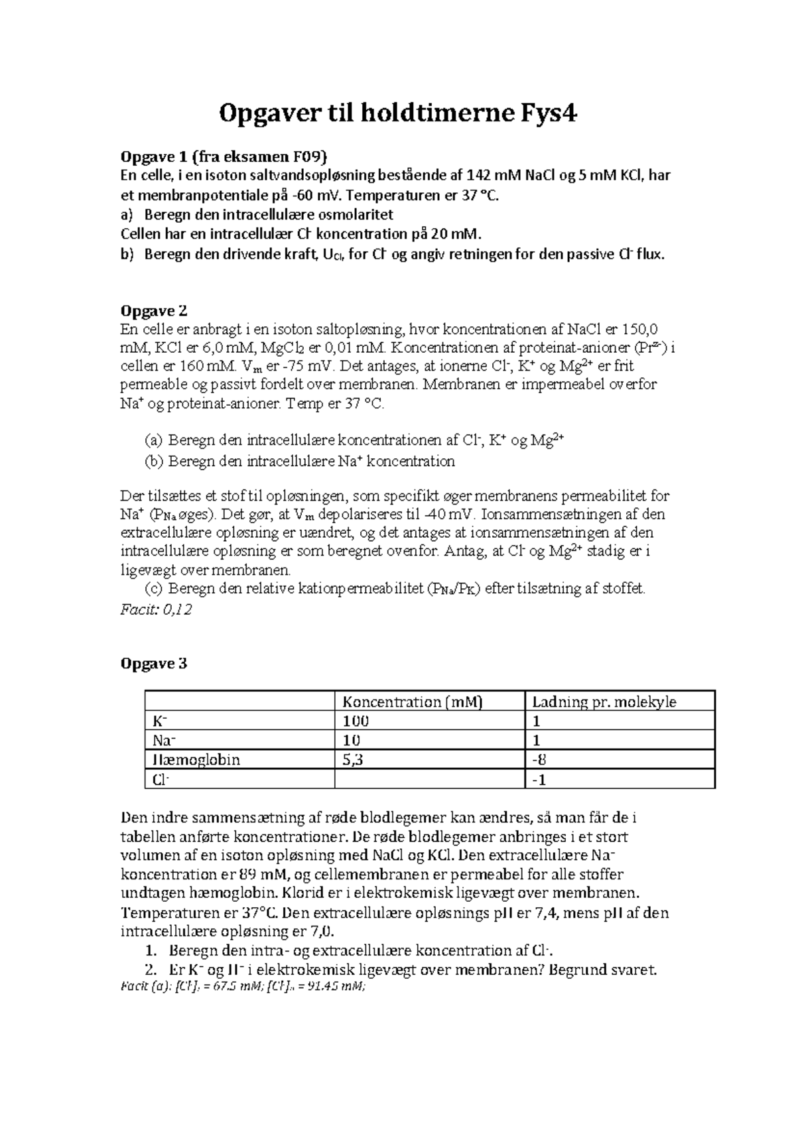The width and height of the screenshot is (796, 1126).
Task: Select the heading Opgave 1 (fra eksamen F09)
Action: click(223, 156)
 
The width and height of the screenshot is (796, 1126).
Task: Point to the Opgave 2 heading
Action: click(153, 310)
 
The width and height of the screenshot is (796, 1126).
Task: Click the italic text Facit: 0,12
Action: click(156, 609)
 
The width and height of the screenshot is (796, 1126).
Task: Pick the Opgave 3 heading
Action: click(153, 663)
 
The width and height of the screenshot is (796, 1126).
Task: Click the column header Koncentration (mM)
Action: click(412, 702)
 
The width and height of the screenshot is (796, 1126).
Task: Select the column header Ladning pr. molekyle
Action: click(604, 702)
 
